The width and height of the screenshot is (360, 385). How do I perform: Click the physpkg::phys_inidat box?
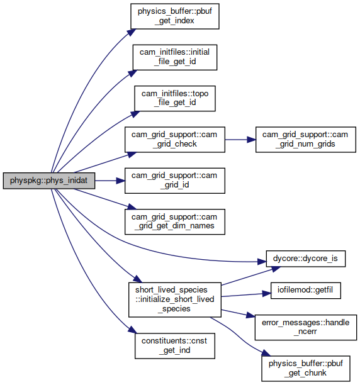point(49,181)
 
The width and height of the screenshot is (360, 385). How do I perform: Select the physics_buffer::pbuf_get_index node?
point(174,16)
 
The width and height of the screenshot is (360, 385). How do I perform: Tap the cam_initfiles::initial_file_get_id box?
point(175,57)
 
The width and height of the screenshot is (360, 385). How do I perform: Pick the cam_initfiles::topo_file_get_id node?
point(175,98)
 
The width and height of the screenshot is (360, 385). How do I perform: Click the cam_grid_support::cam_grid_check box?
point(174,140)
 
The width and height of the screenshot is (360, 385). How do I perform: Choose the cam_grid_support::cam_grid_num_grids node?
point(305,140)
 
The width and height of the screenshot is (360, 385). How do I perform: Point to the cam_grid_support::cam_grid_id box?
point(174,181)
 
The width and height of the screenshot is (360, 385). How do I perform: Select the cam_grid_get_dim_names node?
point(174,221)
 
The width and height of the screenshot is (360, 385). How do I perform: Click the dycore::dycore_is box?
point(305,259)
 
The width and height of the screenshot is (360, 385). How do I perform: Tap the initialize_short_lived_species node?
point(174,299)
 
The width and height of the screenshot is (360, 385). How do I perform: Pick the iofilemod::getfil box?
point(305,291)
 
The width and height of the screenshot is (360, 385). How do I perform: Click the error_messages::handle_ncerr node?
point(305,327)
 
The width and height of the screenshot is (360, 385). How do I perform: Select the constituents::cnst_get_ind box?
point(174,346)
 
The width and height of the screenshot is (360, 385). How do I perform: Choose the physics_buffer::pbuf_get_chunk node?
point(305,368)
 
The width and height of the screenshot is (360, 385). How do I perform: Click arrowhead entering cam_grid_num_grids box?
point(252,140)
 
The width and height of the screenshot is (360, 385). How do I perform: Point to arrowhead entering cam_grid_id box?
point(121,181)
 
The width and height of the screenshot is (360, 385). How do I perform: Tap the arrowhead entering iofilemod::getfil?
point(266,293)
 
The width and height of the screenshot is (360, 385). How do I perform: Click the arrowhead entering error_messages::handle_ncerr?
point(250,315)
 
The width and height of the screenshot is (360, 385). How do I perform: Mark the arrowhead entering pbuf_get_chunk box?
point(266,353)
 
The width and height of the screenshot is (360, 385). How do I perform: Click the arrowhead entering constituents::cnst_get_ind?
point(132,330)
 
